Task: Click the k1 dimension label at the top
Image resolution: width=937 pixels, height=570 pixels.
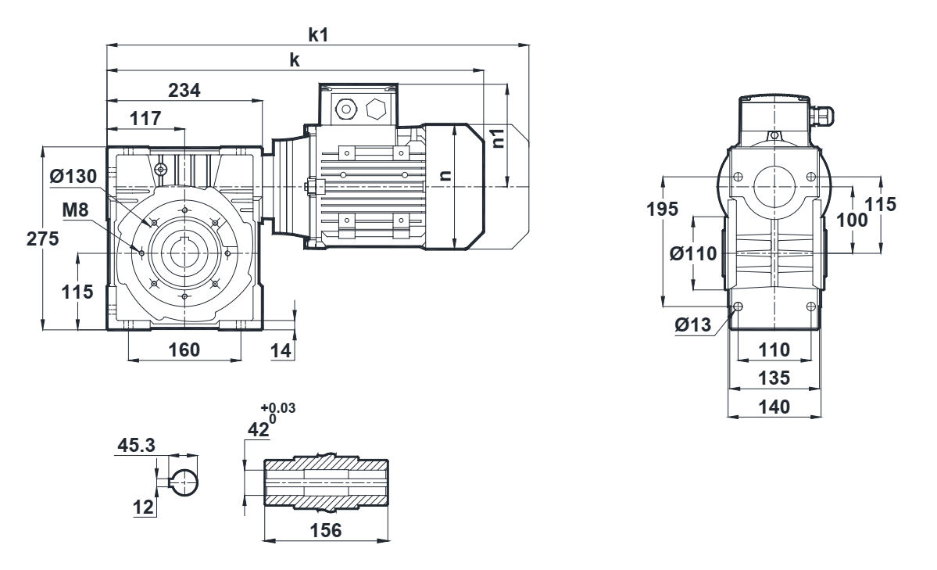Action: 317,34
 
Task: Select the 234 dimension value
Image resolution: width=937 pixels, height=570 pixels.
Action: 185,91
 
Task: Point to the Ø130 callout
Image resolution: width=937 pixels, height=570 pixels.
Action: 73,177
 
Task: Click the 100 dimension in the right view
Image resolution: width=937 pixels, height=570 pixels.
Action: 857,220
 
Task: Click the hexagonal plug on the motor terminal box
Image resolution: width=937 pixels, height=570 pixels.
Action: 376,107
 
